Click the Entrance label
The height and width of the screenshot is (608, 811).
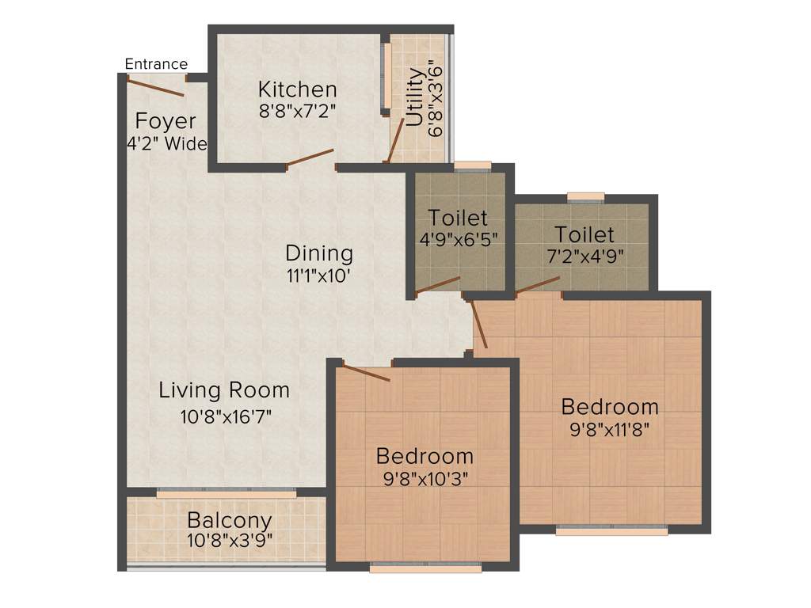click(x=156, y=64)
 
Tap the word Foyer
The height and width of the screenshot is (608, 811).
click(x=166, y=121)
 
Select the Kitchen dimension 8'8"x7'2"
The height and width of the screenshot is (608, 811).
click(x=298, y=111)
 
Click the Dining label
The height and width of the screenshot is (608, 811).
click(x=319, y=253)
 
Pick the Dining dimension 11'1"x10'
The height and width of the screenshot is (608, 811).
click(x=319, y=275)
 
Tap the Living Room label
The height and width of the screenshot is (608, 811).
click(x=224, y=390)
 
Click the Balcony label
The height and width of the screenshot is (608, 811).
click(x=230, y=521)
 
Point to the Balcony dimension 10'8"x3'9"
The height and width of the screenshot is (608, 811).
click(x=230, y=542)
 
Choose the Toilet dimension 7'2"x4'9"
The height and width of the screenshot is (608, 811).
click(x=584, y=256)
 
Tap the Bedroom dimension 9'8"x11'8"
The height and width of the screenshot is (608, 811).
click(x=610, y=431)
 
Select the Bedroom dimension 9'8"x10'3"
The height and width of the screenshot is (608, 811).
click(x=425, y=479)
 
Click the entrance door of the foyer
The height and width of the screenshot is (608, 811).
click(x=156, y=85)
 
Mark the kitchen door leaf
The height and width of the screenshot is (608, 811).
click(x=310, y=158)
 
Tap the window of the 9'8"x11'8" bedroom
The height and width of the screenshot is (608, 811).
click(x=611, y=531)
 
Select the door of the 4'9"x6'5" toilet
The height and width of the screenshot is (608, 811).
click(x=438, y=285)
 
